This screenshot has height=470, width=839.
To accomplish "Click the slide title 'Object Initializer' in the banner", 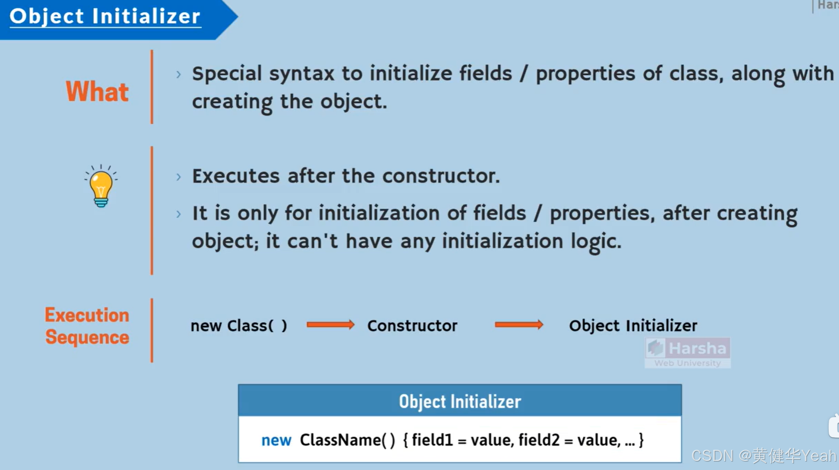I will tap(105, 16).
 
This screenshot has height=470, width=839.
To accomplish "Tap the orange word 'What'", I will tap(97, 91).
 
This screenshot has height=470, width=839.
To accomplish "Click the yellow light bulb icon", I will tap(101, 186).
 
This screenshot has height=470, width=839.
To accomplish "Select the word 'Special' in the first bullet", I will tap(227, 74).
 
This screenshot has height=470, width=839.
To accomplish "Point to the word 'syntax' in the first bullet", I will tap(301, 74).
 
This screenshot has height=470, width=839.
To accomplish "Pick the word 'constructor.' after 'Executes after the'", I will tap(441, 176).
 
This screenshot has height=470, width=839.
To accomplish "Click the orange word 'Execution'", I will tap(87, 315).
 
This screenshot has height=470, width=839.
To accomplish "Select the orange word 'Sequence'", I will tap(87, 338).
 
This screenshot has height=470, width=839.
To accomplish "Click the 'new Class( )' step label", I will tap(239, 326).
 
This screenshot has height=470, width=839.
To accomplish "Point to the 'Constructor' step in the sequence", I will tap(412, 326).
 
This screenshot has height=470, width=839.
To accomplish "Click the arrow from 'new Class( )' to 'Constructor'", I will tap(330, 325).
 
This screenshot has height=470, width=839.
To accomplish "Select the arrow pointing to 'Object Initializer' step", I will tap(519, 325).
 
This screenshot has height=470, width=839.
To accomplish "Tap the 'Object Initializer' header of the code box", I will tap(460, 402).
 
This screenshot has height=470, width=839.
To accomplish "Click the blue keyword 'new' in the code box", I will tap(276, 440).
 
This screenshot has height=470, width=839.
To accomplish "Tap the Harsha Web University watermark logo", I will tap(687, 353).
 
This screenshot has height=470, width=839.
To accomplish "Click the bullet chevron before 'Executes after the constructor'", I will tap(179, 177).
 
